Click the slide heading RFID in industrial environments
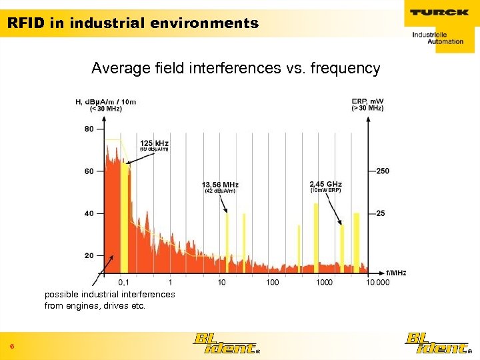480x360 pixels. point(133,23)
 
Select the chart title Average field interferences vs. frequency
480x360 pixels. point(235,68)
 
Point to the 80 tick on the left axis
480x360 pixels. point(89,129)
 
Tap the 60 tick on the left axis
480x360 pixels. point(89,171)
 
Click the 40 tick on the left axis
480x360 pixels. point(89,213)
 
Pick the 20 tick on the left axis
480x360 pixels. point(89,256)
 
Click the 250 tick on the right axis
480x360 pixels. point(382,171)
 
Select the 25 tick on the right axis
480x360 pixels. point(381,213)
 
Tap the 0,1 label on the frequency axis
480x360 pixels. point(124,283)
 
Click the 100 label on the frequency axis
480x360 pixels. point(273,283)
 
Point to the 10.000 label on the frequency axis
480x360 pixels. point(377,283)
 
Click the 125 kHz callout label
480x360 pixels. point(154,143)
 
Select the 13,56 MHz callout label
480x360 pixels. point(220,185)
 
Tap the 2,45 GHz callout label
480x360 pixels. point(325,184)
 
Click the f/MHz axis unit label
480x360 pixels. point(396,273)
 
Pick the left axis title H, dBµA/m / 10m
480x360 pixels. point(105,102)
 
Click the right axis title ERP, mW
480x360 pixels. point(367,101)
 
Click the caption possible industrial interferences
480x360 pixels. point(109,294)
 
